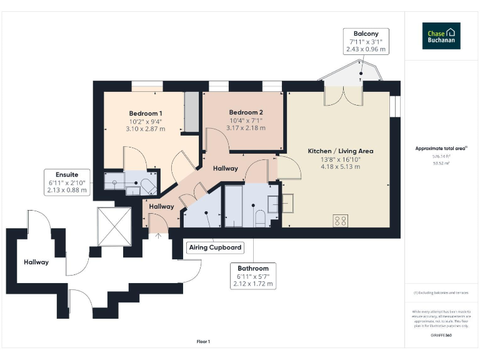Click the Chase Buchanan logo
tap(441, 36)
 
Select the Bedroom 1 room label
tap(146, 113)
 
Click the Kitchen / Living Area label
tap(341, 151)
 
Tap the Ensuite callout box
tap(67, 181)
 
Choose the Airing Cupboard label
tap(215, 247)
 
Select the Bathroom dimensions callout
tap(252, 276)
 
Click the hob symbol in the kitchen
tap(341, 220)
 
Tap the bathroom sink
tap(275, 204)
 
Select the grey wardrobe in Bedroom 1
tap(191, 112)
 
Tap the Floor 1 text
tap(203, 341)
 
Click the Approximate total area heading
tap(441, 148)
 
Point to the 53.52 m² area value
tap(441, 162)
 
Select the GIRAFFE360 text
tap(441, 336)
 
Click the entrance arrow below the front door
tap(158, 236)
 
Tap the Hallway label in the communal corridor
tap(36, 262)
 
